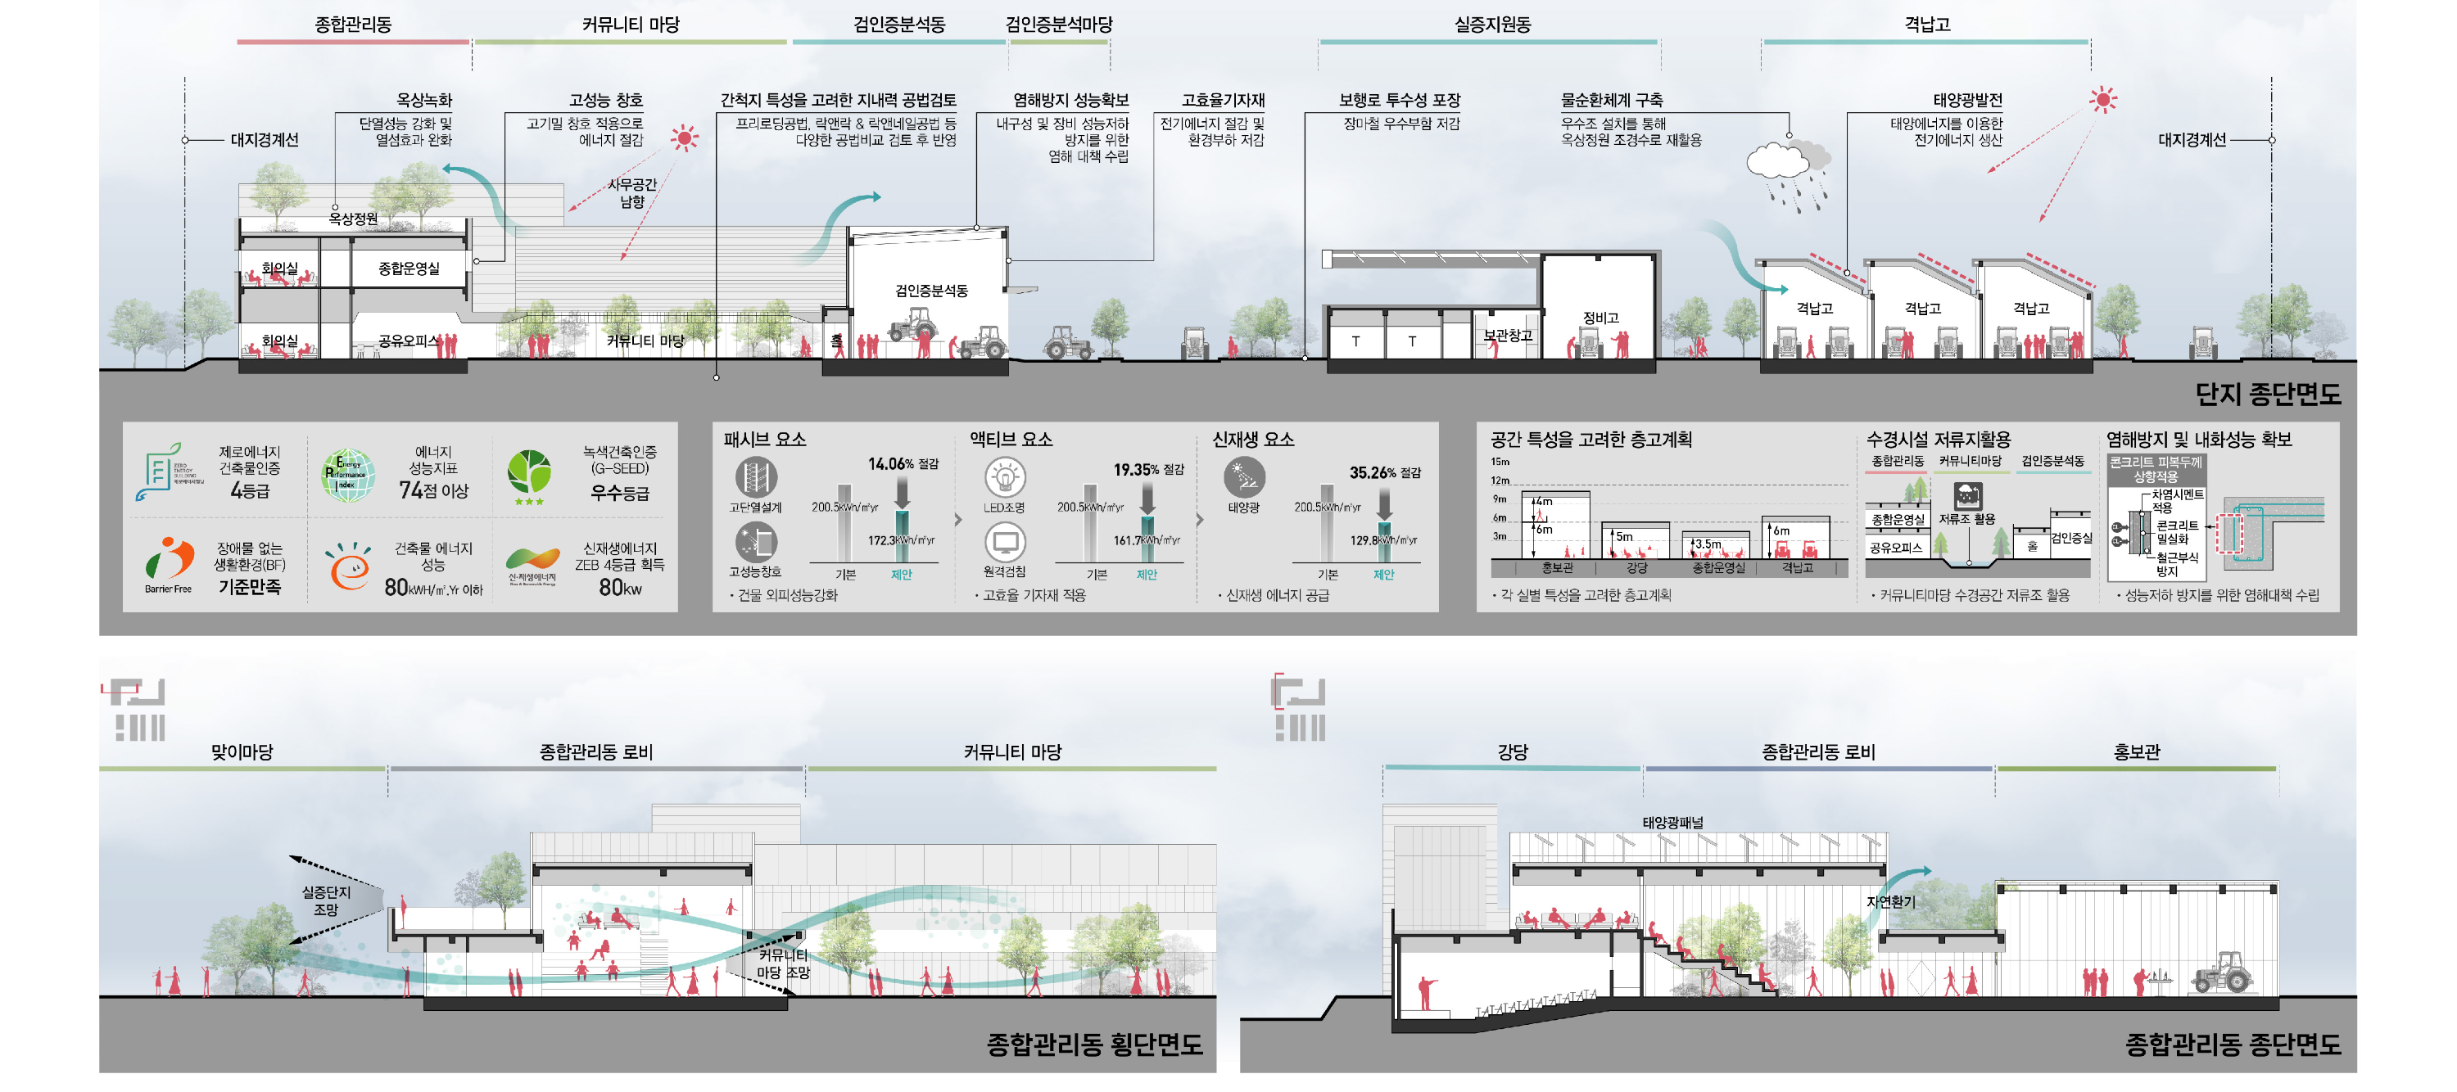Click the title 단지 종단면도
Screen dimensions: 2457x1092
coord(2266,394)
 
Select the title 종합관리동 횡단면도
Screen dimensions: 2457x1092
coord(1094,1045)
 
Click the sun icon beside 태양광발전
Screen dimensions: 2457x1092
coord(2102,99)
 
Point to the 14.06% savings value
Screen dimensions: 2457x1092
coord(891,463)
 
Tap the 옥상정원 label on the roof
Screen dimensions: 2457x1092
coord(353,219)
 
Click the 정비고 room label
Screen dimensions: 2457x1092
coord(1600,318)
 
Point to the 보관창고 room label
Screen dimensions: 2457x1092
coord(1507,336)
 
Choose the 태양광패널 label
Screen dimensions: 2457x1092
coord(1672,822)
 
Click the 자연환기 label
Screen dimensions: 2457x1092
coord(1889,901)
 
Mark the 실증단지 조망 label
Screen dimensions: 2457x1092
coord(326,900)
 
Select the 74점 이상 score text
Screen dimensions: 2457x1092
coord(433,490)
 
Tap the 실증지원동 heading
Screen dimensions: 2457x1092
coord(1491,25)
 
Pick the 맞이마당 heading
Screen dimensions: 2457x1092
coord(242,751)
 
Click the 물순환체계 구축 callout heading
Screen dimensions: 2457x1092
coord(1611,99)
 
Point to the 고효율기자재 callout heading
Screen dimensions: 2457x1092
coord(1223,99)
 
